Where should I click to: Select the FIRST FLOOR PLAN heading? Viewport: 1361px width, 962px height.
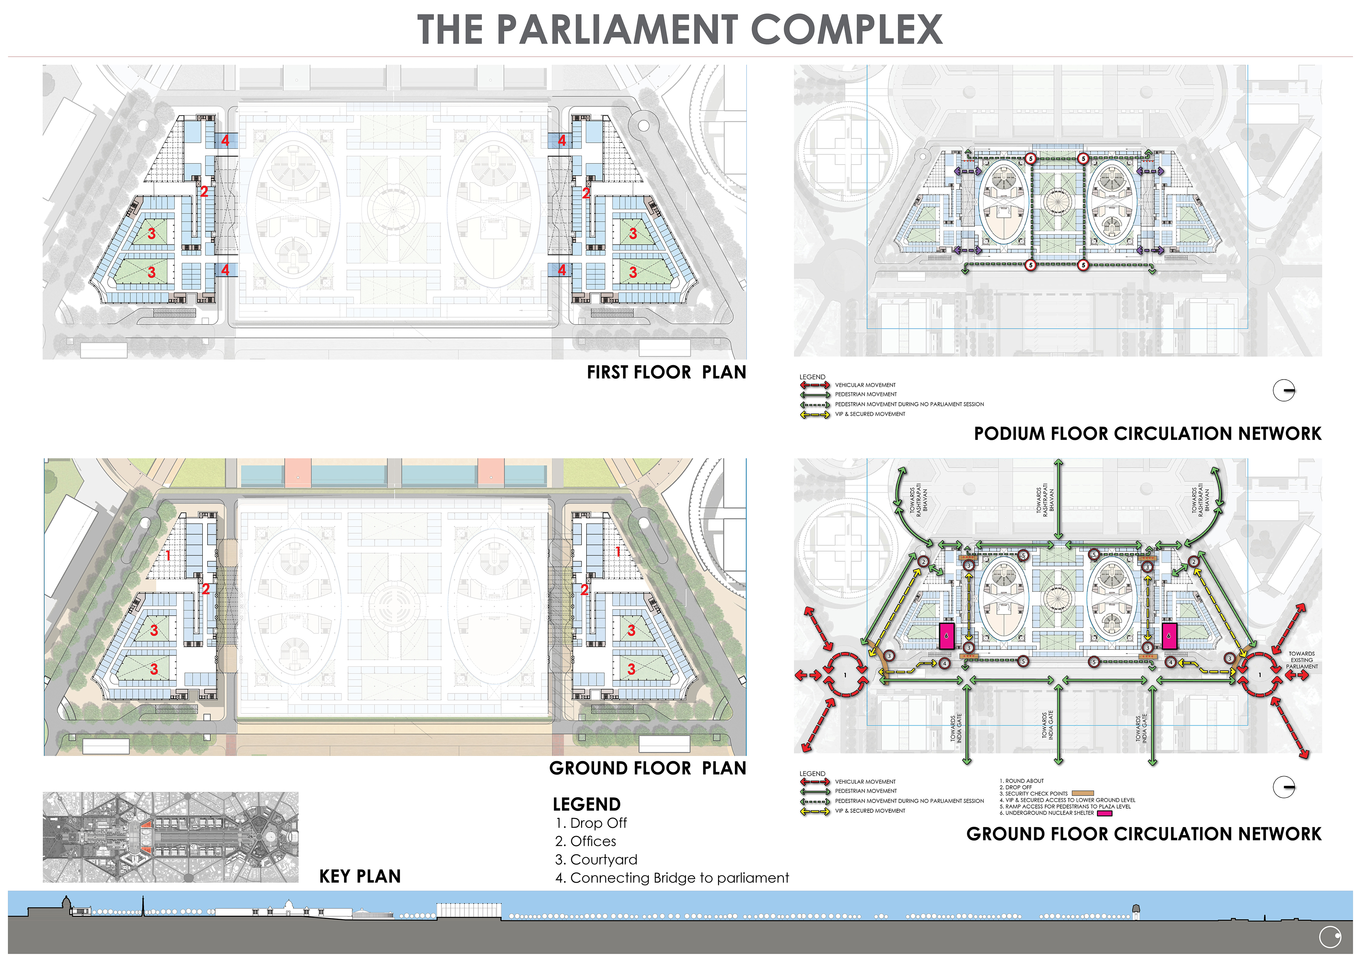point(666,373)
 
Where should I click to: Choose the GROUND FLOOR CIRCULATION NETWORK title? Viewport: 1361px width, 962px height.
point(1144,834)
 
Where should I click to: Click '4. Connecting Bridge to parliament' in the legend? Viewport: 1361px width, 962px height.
point(672,878)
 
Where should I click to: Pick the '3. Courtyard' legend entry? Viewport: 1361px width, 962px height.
point(596,860)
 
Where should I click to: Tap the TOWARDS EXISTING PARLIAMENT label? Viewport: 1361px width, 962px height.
point(1302,660)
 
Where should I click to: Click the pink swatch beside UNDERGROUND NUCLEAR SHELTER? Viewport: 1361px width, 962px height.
point(1104,813)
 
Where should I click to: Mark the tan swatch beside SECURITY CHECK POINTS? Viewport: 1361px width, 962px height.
point(1082,793)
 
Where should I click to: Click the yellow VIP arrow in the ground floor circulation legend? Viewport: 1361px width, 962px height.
point(815,811)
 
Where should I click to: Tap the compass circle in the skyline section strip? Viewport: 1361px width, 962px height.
point(1330,937)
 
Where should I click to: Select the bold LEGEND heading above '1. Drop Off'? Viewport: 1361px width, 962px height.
point(586,804)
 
